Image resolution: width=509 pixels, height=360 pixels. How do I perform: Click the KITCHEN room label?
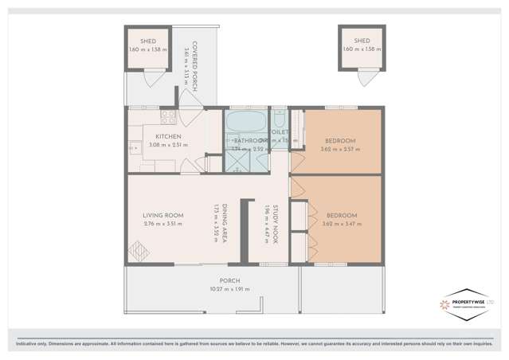point(168,136)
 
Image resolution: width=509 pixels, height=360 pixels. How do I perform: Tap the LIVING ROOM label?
point(162,215)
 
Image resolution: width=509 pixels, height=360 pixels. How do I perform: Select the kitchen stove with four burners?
point(168,118)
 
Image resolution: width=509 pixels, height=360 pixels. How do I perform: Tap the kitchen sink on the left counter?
point(135,148)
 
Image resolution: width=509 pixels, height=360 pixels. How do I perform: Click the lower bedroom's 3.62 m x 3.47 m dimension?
point(341,224)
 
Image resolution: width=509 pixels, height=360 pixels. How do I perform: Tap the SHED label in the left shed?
point(148,41)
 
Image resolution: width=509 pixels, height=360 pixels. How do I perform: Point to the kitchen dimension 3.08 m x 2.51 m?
point(168,145)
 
